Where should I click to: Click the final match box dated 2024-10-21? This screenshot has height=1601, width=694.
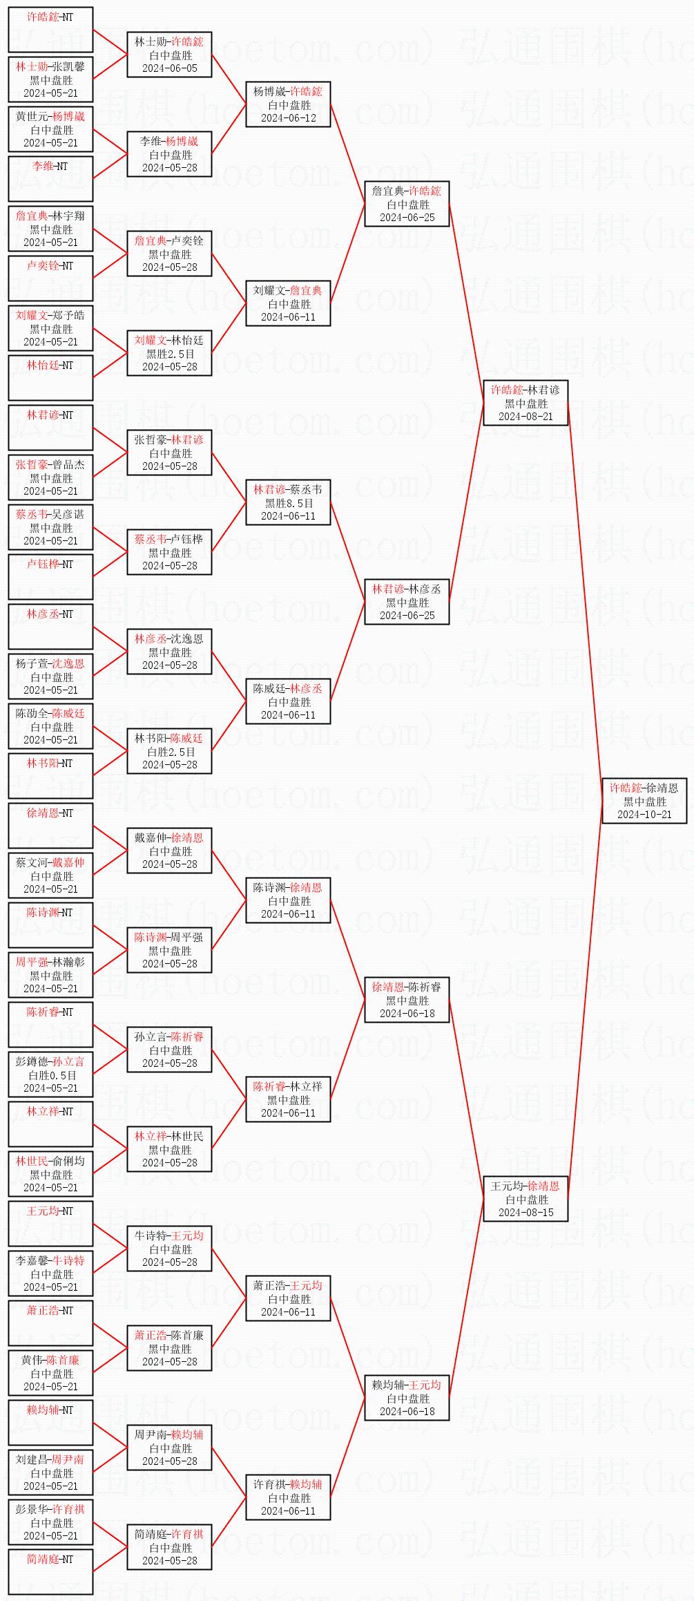point(644,801)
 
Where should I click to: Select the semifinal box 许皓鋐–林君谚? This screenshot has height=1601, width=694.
point(526,403)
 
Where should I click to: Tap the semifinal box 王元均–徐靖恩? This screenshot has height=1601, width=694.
point(526,1199)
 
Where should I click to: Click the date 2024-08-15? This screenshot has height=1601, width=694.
point(526,1212)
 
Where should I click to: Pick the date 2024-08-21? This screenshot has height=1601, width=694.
point(526,416)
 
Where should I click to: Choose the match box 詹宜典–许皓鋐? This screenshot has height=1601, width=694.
point(407,204)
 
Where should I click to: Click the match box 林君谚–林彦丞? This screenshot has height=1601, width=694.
point(407,602)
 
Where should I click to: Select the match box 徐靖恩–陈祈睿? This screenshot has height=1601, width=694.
point(407,1000)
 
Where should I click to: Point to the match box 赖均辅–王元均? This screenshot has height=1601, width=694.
point(407,1398)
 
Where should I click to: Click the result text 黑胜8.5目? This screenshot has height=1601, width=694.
point(289,503)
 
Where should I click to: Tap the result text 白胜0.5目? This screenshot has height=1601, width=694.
point(50,1075)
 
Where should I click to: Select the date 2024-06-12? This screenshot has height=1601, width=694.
point(289,118)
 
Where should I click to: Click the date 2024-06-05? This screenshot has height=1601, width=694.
point(169,68)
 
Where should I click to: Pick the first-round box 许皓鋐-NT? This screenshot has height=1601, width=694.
point(50,30)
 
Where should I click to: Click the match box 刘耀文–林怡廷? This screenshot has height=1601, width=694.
point(169,353)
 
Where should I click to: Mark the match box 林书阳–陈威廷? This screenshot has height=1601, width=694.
point(169,751)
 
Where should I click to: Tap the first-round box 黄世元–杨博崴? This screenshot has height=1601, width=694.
point(50,129)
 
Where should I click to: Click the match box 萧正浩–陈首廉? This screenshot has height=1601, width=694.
point(169,1348)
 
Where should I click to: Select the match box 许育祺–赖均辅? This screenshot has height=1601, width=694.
point(289,1497)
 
